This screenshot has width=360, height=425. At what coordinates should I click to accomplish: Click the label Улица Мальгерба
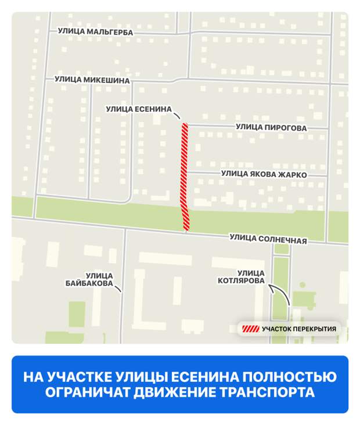[95, 32]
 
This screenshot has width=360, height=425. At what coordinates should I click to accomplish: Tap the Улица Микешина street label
[92, 80]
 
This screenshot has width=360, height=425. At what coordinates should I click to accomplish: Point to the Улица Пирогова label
[271, 127]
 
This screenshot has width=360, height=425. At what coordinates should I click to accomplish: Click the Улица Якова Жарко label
[264, 174]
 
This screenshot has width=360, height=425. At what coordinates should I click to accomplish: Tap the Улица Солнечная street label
[268, 237]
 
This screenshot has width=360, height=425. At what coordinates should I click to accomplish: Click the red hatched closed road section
[185, 174]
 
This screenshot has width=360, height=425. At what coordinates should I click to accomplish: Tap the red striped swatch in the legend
[251, 329]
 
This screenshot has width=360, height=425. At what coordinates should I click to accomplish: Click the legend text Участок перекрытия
[299, 329]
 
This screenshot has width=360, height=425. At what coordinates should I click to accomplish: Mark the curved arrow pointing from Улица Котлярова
[281, 291]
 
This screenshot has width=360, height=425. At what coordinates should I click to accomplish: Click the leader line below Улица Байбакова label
[118, 288]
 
